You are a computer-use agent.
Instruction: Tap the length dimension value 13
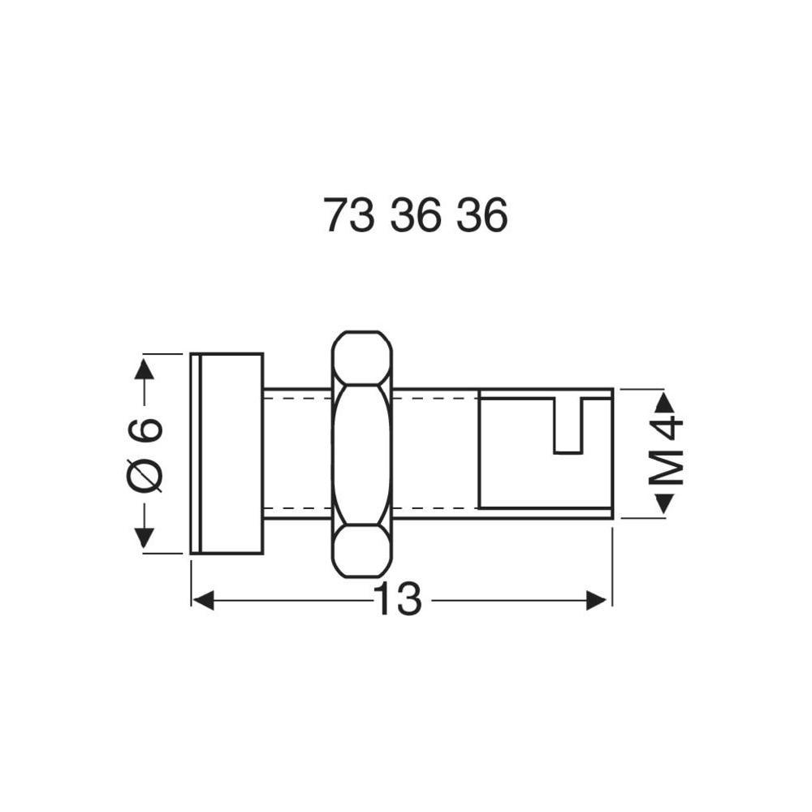(398, 601)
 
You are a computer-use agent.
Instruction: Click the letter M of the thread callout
(667, 469)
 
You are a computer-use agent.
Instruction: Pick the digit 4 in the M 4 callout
(667, 428)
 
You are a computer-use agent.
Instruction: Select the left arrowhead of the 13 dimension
(203, 601)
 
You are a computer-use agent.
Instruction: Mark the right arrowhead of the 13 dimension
(598, 601)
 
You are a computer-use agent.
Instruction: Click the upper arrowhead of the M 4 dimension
(664, 402)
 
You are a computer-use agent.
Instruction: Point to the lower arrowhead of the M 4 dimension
(664, 503)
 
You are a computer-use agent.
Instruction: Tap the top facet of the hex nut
(362, 357)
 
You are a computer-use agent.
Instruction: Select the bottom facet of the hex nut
(362, 551)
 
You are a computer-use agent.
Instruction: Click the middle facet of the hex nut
(362, 453)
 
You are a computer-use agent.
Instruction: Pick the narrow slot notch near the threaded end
(568, 426)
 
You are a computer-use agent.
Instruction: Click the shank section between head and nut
(297, 453)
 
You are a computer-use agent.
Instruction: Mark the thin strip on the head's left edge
(195, 453)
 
